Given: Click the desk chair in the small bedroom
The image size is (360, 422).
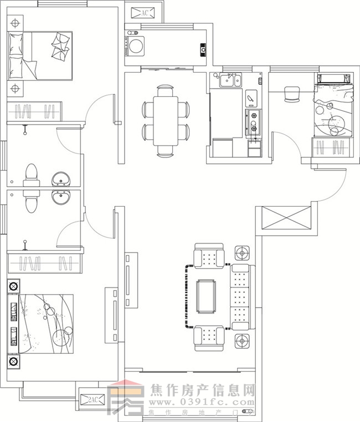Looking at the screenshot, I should (291, 95).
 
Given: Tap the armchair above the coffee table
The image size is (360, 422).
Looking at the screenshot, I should (209, 256).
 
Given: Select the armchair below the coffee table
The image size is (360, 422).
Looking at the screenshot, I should (209, 337).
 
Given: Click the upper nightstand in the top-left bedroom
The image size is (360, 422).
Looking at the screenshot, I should (15, 23).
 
